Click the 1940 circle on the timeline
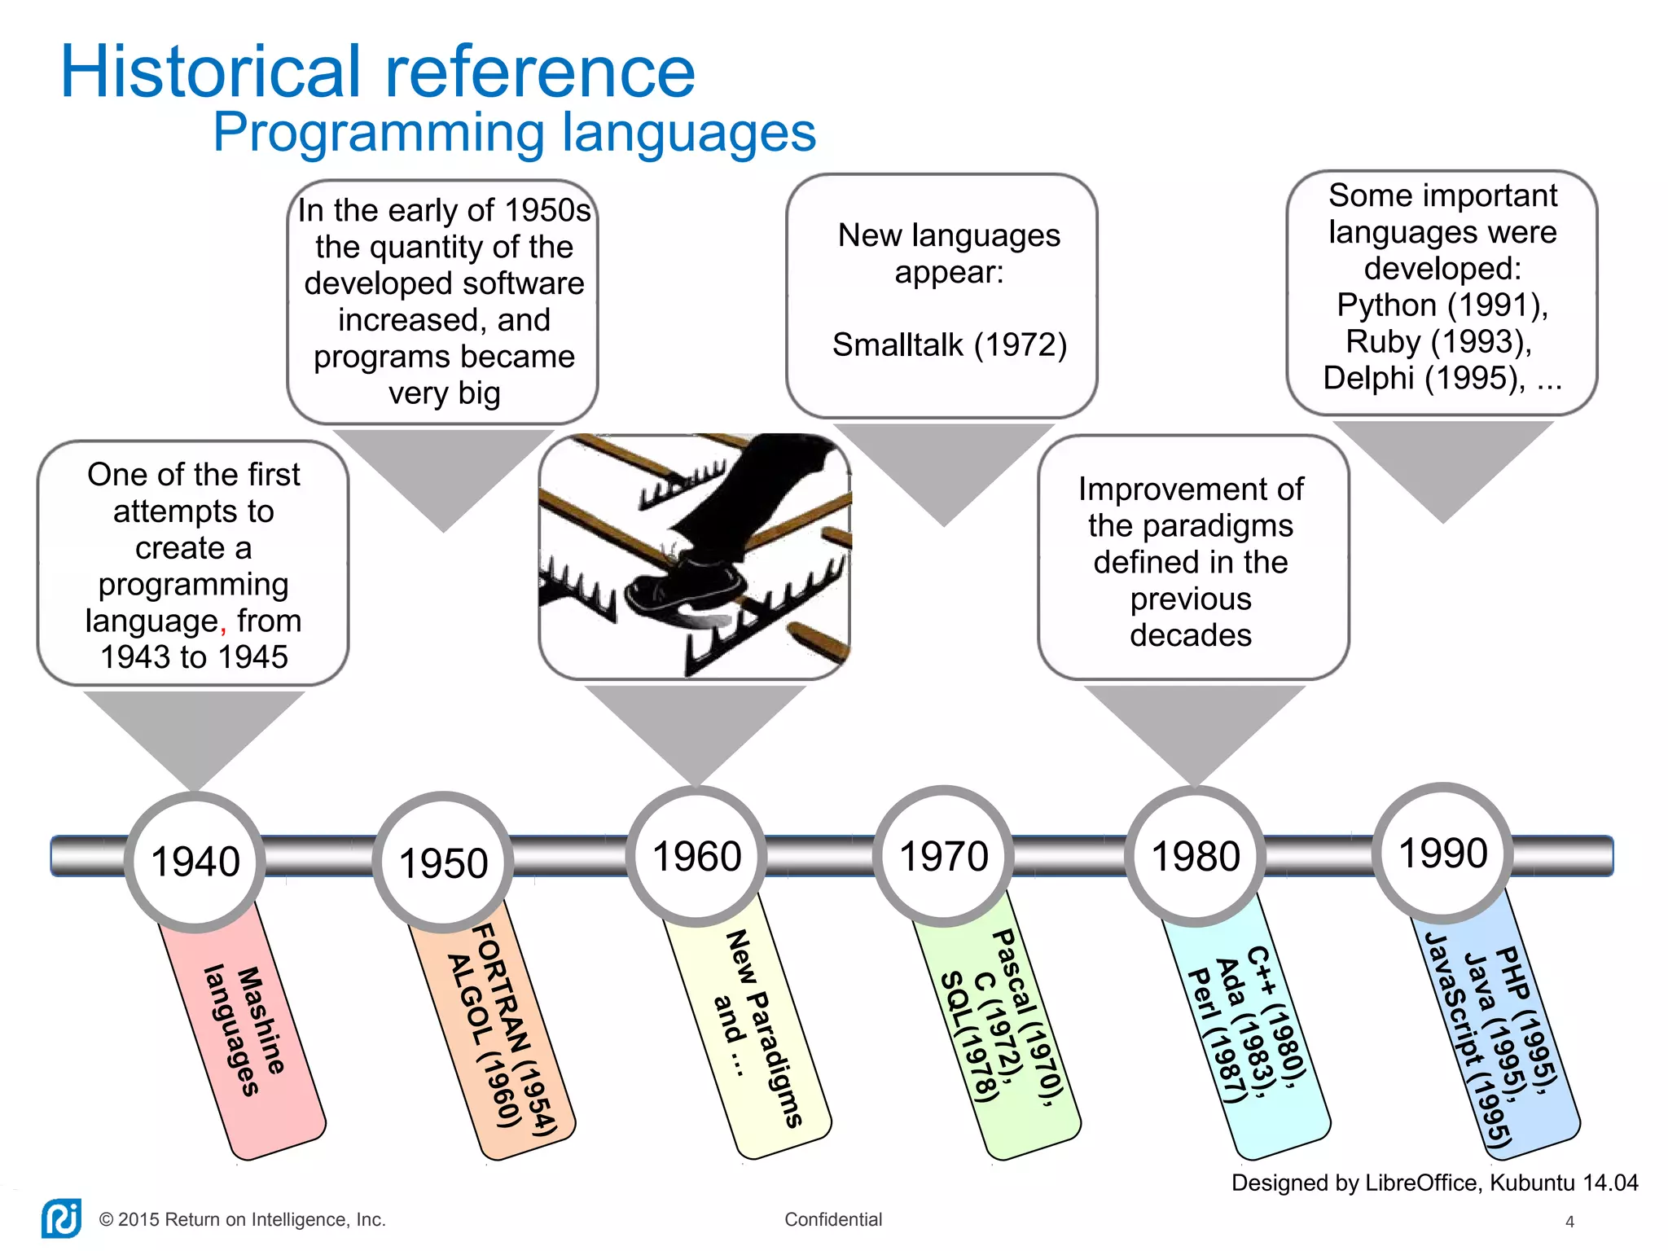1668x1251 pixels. click(195, 862)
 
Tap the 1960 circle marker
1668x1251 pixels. click(697, 857)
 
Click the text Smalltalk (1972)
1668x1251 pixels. click(950, 345)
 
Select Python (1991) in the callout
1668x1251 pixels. click(1442, 305)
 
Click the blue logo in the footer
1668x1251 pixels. click(61, 1219)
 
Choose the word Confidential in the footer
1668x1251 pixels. click(833, 1219)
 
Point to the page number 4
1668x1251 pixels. click(1569, 1222)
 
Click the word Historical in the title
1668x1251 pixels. click(210, 72)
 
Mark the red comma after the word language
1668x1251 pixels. click(223, 627)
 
